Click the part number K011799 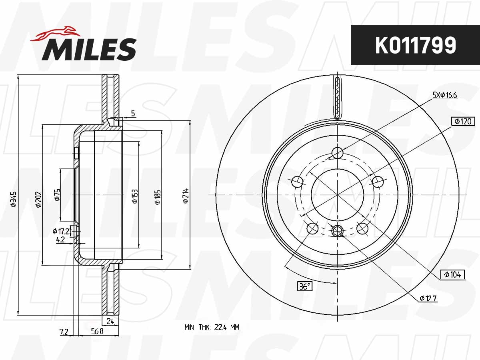point(416,45)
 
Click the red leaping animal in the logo point(56,34)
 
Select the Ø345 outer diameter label point(13,199)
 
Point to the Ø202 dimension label point(39,200)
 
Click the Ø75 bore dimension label point(57,195)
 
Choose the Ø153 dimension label point(135,196)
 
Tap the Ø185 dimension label point(158,197)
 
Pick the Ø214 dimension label point(186,196)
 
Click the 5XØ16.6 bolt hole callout point(445,95)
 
